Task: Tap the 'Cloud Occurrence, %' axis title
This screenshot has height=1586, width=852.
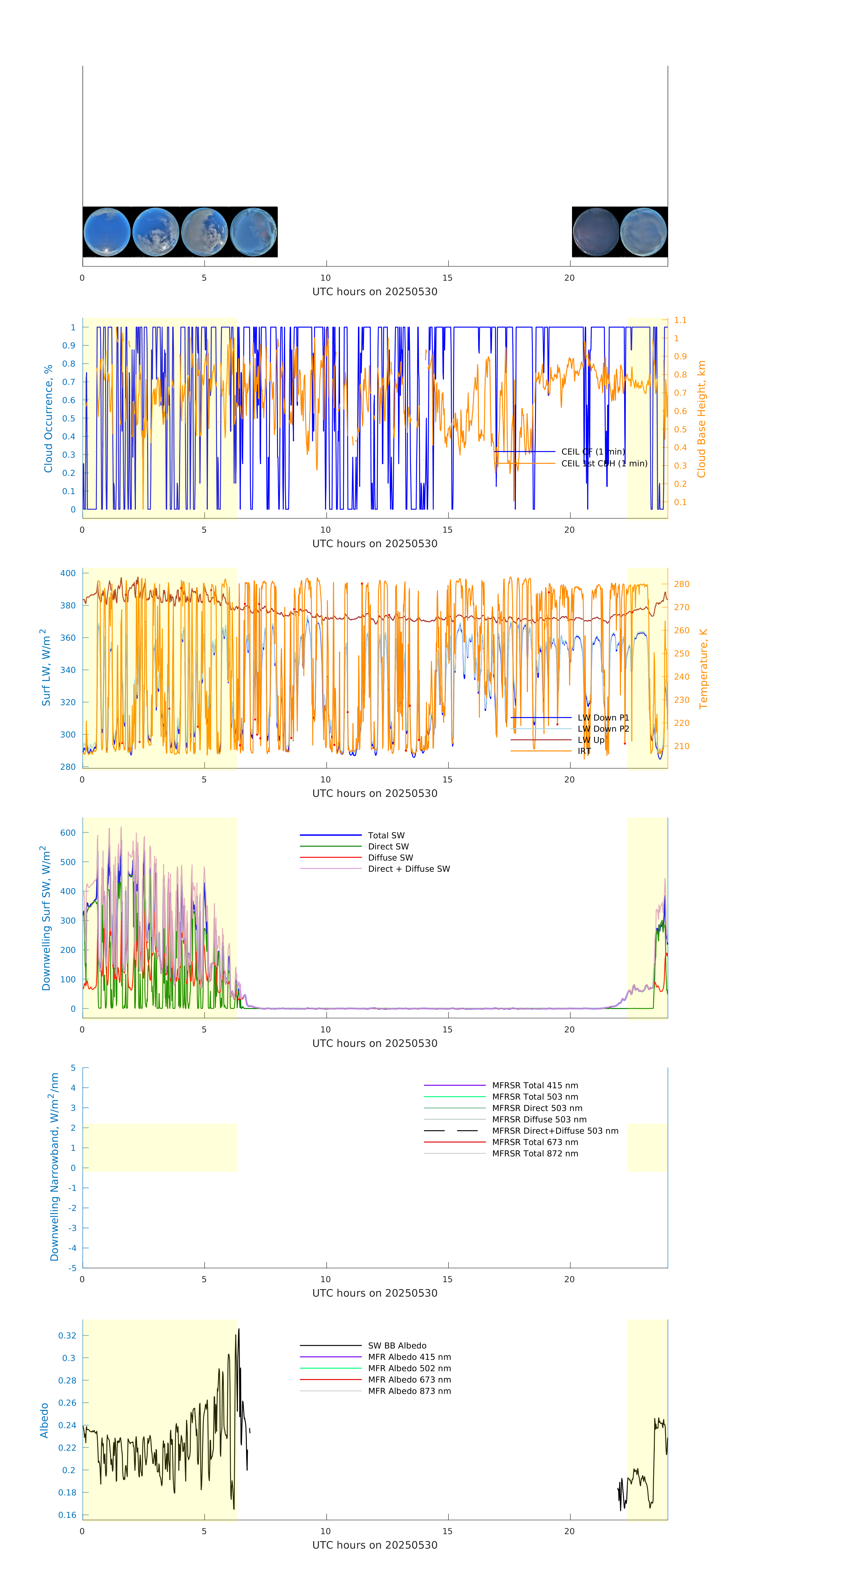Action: coord(48,419)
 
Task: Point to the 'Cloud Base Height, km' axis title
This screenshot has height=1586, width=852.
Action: coord(701,419)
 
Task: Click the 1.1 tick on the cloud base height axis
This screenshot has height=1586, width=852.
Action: coord(680,320)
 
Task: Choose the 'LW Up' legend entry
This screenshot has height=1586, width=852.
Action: coord(590,739)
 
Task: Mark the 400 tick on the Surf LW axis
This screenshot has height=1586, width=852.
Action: coord(68,573)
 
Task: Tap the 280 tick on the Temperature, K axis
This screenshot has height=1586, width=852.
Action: coord(681,584)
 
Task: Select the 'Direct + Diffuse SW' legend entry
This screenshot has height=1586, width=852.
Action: coord(409,869)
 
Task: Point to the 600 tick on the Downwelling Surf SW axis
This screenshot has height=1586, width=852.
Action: coord(68,833)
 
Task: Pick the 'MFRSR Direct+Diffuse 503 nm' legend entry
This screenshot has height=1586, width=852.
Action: coord(554,1130)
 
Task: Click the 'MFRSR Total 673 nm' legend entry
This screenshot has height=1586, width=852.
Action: coord(535,1142)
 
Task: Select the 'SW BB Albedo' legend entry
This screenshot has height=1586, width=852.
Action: coord(397,1345)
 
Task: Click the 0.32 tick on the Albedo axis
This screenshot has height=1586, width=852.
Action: coord(67,1335)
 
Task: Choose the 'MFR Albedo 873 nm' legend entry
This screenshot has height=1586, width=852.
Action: coord(409,1391)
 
